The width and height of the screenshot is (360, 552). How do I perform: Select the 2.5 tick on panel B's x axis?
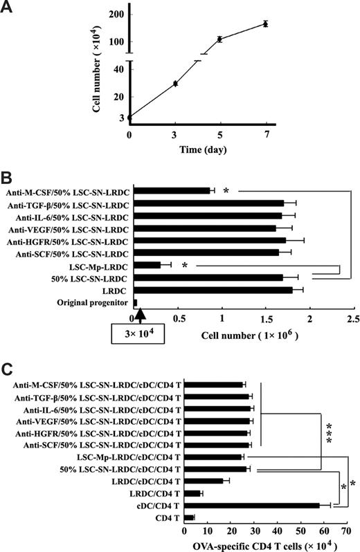[353, 319]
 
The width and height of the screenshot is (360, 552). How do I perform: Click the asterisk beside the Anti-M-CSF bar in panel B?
[226, 190]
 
